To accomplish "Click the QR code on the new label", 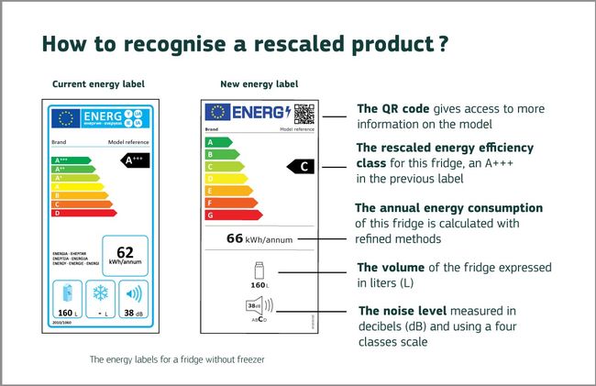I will pos(304,114).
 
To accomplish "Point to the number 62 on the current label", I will pos(125,252).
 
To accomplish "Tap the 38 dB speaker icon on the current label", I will pos(133,295).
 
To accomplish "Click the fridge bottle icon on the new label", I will pos(259,272).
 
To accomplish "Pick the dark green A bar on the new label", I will pos(215,142).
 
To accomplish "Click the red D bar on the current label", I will pos(83,213).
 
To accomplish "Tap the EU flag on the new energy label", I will pos(217,113).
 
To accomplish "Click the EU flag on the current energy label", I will pos(65,117).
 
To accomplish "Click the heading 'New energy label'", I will pos(258,84).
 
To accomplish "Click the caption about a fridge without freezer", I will pos(177,358).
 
